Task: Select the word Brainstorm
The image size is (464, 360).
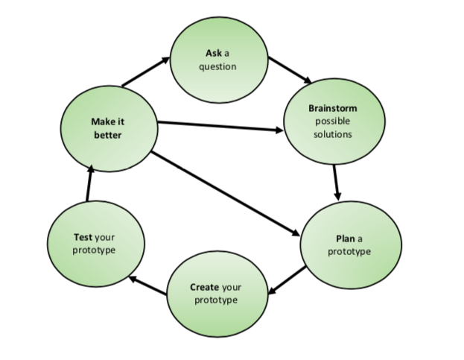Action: tap(332, 109)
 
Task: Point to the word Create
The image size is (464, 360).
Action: tap(204, 287)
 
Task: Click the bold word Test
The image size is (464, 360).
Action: tap(83, 236)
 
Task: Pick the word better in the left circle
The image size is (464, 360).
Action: tap(107, 135)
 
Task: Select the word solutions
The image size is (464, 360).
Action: tap(332, 134)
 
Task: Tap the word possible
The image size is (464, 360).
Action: tap(332, 121)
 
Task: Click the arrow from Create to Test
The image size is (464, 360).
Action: tap(147, 286)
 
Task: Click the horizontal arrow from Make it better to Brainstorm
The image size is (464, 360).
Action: tap(220, 126)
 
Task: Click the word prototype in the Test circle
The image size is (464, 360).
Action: tap(94, 250)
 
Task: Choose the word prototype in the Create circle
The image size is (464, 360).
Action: tap(216, 300)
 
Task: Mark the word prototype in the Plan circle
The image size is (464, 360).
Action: tap(349, 251)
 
